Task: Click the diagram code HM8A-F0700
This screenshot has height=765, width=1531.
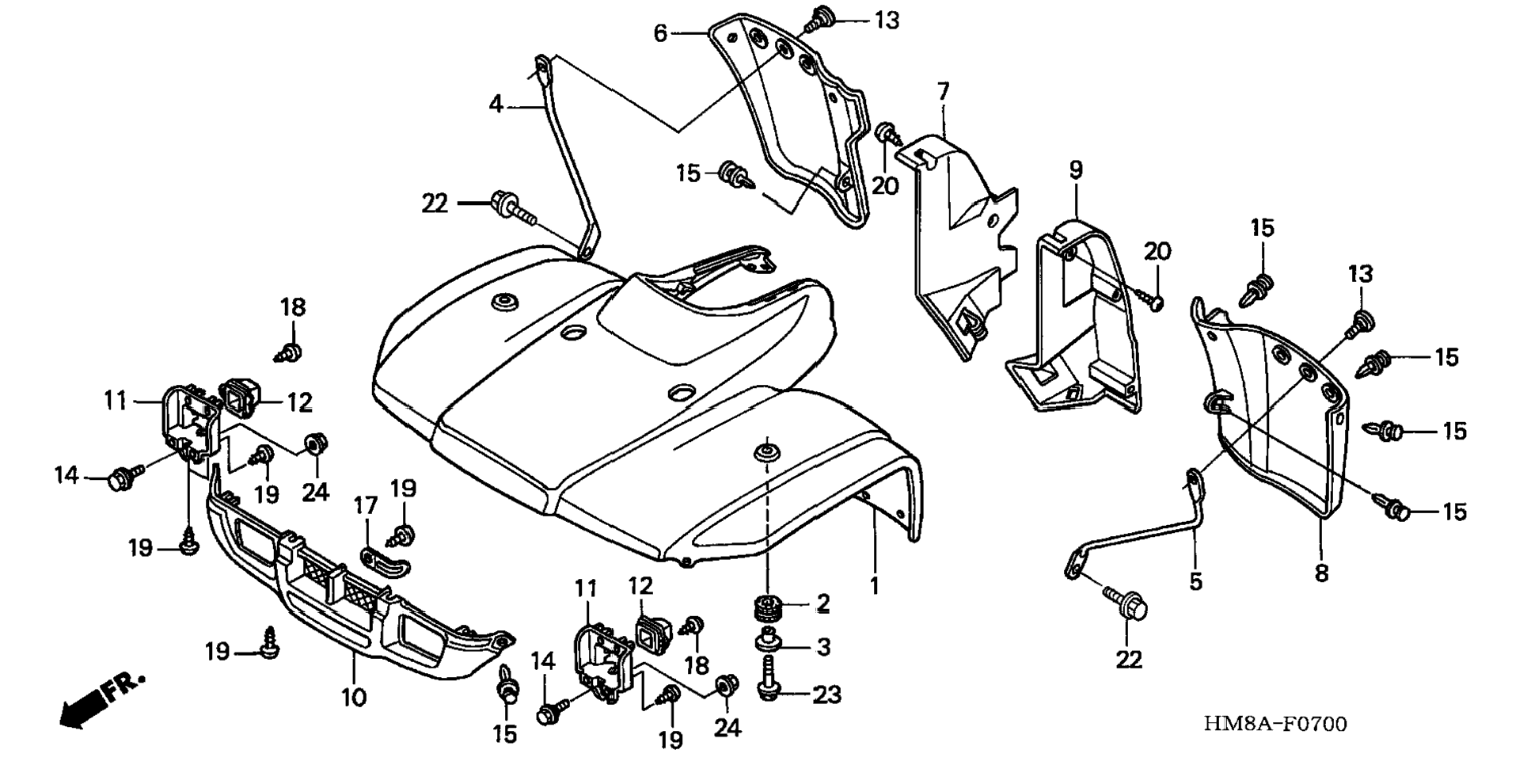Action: point(1275,724)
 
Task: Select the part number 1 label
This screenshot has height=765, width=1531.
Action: point(875,586)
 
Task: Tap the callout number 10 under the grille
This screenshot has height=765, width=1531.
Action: point(354,698)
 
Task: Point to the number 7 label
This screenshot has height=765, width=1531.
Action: point(943,93)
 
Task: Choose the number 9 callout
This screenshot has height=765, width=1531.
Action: point(1076,170)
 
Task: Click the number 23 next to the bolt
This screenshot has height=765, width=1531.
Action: point(827,695)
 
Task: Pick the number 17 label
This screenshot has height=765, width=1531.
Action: point(366,506)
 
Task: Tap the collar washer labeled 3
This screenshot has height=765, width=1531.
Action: point(767,638)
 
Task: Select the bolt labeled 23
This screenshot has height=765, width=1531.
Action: point(767,679)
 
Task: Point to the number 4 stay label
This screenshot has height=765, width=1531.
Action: point(496,104)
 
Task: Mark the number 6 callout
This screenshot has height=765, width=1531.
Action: point(661,33)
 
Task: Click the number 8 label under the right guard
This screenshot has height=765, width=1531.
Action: point(1321,573)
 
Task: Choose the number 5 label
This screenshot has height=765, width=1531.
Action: point(1195,582)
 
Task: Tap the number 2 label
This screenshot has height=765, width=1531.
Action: point(823,603)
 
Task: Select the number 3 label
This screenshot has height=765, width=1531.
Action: point(823,646)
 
